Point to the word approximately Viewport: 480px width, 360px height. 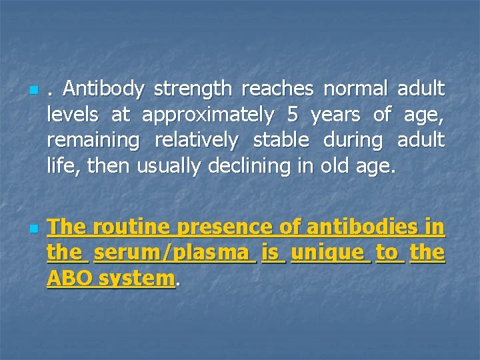pyautogui.click(x=208, y=115)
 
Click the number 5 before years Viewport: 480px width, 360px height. pyautogui.click(x=292, y=115)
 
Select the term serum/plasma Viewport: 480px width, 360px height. pyautogui.click(x=175, y=253)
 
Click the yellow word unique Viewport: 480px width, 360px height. pyautogui.click(x=331, y=253)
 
